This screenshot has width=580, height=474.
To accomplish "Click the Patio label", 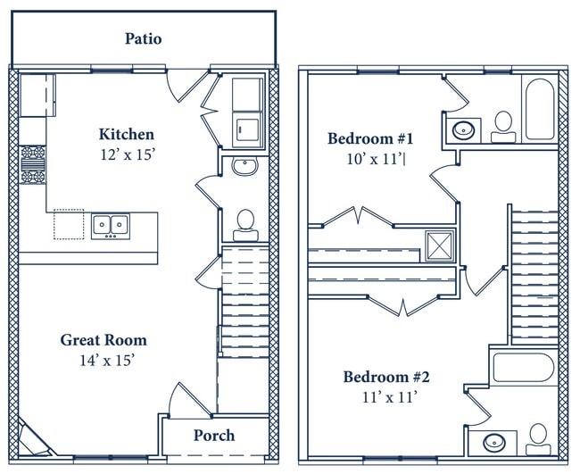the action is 143,38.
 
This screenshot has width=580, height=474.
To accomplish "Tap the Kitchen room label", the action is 127,134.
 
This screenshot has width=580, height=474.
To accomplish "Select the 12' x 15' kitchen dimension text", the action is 127,154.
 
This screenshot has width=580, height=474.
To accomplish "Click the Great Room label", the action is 104,340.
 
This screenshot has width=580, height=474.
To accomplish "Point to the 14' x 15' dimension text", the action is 107,360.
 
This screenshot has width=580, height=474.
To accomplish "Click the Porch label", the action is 214,435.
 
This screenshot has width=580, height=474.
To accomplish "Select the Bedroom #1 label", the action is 370,138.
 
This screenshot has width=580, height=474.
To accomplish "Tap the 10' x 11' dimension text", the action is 375,159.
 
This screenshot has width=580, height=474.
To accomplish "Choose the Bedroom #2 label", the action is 386,377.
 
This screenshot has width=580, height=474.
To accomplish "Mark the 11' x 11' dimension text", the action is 390,397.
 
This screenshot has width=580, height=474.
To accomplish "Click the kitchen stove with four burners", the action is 32,164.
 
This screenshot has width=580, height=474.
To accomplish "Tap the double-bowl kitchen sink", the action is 111,226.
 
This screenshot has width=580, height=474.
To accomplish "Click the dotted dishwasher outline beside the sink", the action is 69,224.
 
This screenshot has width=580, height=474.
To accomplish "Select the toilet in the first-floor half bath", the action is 245,226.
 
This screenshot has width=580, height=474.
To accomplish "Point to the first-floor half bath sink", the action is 244,166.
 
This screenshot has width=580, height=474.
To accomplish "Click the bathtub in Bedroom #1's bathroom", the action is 540,109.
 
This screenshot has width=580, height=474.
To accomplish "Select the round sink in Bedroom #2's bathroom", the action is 494,443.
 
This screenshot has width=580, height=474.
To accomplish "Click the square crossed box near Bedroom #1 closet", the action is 439,245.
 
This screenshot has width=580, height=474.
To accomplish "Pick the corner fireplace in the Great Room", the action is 34,439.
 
